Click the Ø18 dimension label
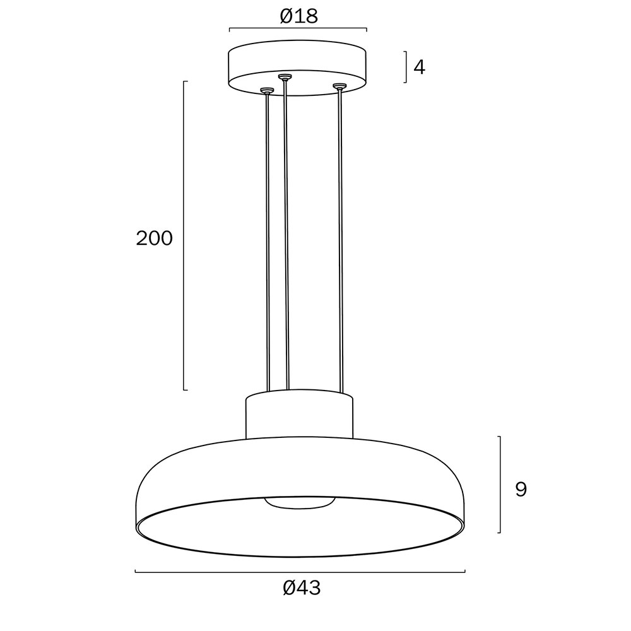click(298, 16)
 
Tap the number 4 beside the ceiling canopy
click(419, 68)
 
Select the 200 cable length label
click(154, 239)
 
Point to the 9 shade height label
click(521, 490)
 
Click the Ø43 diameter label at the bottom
click(302, 588)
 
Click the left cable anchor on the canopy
click(266, 90)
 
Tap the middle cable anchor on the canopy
click(285, 76)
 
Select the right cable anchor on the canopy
click(339, 86)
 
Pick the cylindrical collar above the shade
click(299, 415)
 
